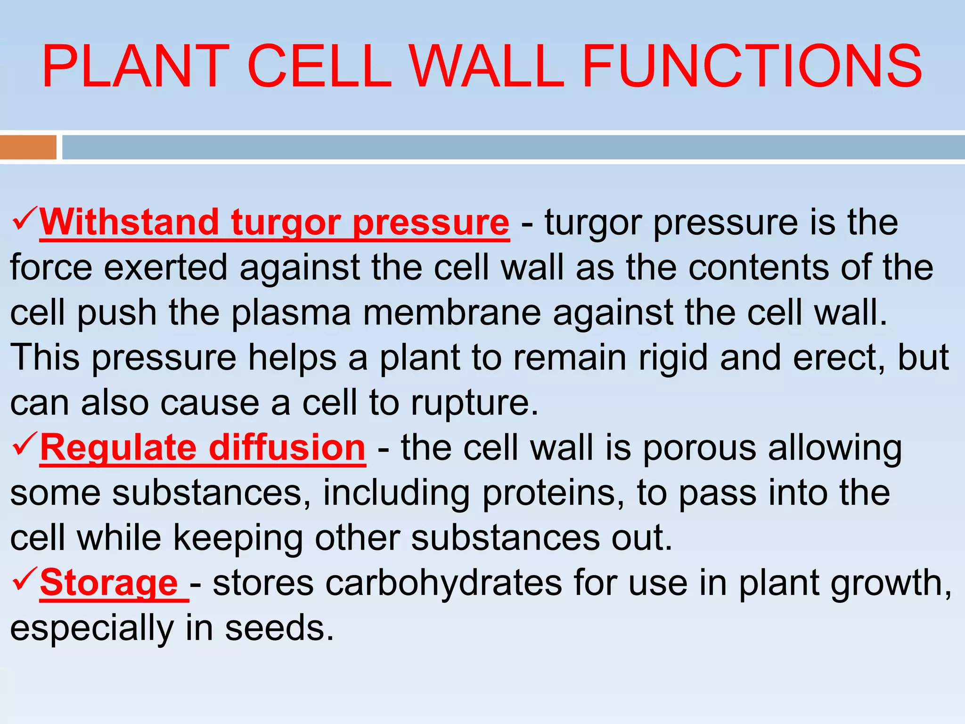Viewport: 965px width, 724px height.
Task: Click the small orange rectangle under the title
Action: point(28,147)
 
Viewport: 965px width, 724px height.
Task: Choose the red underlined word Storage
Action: point(109,583)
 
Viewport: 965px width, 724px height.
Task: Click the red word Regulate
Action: point(118,448)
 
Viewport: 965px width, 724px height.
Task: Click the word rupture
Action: point(474,403)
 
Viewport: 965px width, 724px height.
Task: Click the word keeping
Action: point(238,538)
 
